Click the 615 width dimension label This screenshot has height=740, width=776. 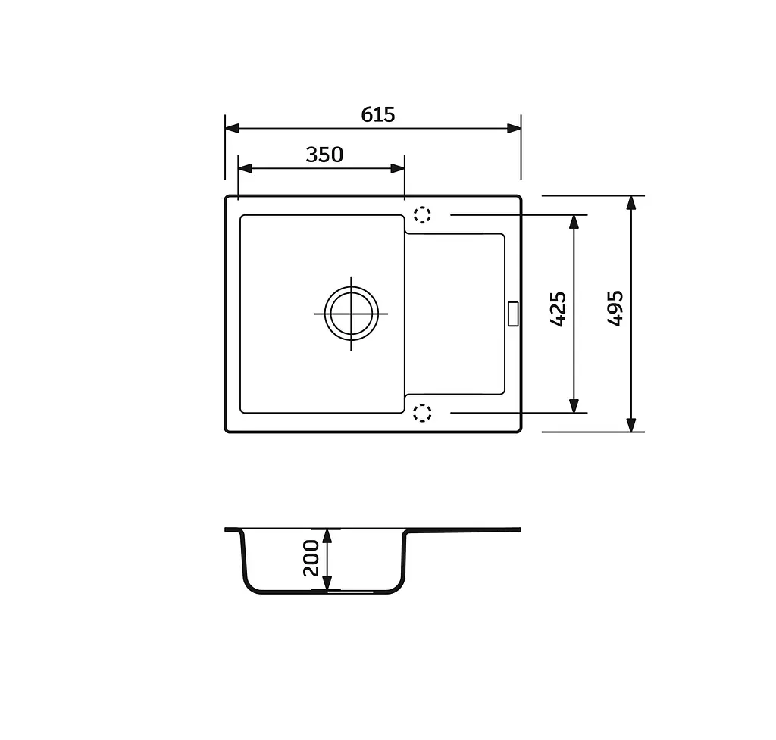378,115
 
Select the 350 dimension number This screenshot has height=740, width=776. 324,155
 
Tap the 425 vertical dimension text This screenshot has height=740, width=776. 559,309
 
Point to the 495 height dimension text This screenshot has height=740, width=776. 615,308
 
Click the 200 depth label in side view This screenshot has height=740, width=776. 311,558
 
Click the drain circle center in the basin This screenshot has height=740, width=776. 352,314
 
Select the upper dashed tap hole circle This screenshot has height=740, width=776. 422,214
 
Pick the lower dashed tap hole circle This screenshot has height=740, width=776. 422,413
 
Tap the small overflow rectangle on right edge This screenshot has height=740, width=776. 513,314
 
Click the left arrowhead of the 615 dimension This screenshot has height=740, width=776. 232,129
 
